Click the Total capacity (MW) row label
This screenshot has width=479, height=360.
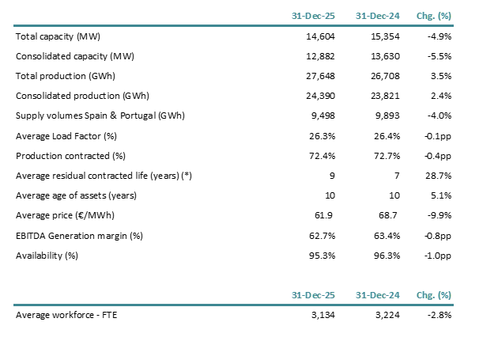58,36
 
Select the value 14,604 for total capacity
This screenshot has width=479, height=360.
320,36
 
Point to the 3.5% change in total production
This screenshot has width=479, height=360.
441,76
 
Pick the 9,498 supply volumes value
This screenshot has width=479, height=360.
322,116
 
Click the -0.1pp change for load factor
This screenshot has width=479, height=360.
437,135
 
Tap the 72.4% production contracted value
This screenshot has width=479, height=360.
321,155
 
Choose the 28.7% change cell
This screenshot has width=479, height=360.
439,175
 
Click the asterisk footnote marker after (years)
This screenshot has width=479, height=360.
183,175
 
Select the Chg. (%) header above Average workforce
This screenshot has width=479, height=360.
434,294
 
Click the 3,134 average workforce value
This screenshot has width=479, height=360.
322,315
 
